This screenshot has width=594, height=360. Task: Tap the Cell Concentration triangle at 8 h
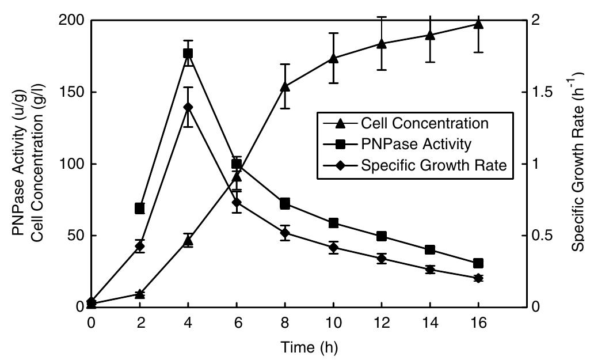284,86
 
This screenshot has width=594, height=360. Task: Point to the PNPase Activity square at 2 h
139,208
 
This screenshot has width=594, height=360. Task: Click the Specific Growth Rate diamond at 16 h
478,278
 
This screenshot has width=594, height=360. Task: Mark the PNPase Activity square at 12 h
381,236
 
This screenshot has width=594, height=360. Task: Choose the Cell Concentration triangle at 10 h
333,58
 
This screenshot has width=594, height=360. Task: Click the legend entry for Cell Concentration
425,123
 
